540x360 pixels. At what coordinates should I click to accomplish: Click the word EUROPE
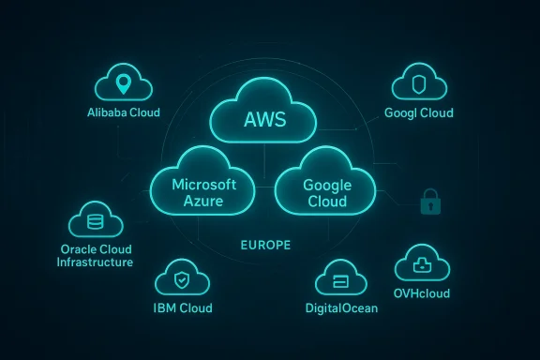pyautogui.click(x=265, y=245)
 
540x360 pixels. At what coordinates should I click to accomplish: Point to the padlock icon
pyautogui.click(x=429, y=202)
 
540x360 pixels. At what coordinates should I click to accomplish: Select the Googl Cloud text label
pyautogui.click(x=418, y=113)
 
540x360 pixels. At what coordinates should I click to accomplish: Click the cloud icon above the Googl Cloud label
pyautogui.click(x=417, y=84)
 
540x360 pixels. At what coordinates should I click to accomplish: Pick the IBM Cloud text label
pyautogui.click(x=183, y=307)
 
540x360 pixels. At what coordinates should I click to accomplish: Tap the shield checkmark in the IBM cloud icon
pyautogui.click(x=182, y=277)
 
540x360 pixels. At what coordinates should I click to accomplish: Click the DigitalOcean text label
pyautogui.click(x=341, y=308)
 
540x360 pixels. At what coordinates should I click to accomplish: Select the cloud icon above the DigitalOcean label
pyautogui.click(x=342, y=279)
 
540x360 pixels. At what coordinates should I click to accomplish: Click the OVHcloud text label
pyautogui.click(x=423, y=293)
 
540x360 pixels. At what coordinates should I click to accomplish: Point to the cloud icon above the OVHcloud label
pyautogui.click(x=422, y=263)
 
